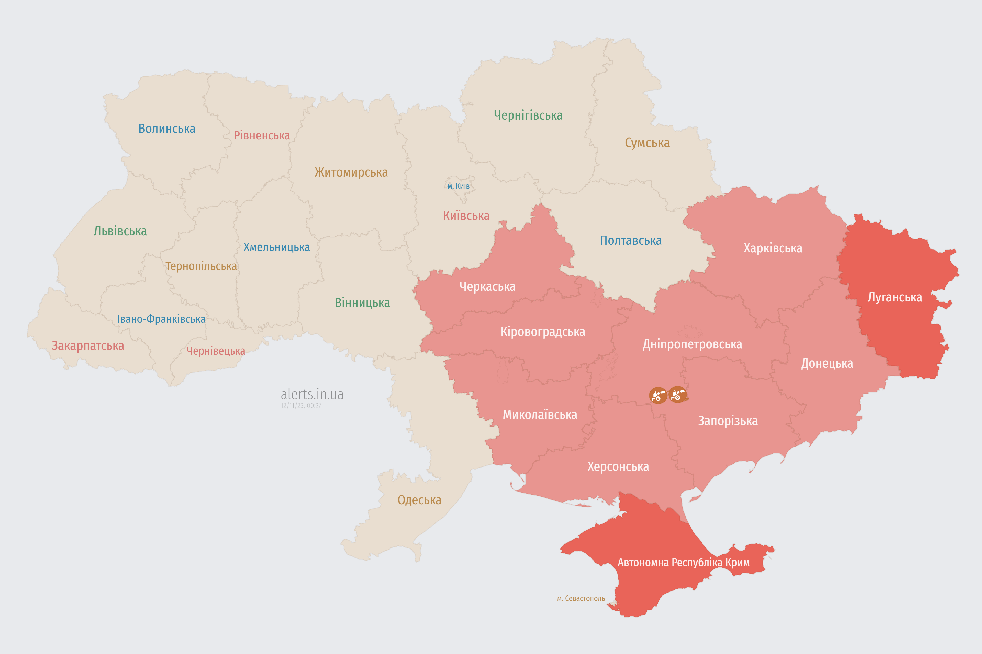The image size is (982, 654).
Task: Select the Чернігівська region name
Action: tap(528, 115)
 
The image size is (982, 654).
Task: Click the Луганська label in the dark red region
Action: tap(895, 297)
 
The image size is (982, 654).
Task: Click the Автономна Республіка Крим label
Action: tap(684, 562)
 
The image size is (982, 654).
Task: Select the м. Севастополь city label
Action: tap(581, 599)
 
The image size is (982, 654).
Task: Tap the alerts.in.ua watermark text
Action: tap(312, 394)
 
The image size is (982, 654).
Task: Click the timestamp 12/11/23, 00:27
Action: tap(301, 406)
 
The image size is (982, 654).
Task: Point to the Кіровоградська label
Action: tap(542, 332)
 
